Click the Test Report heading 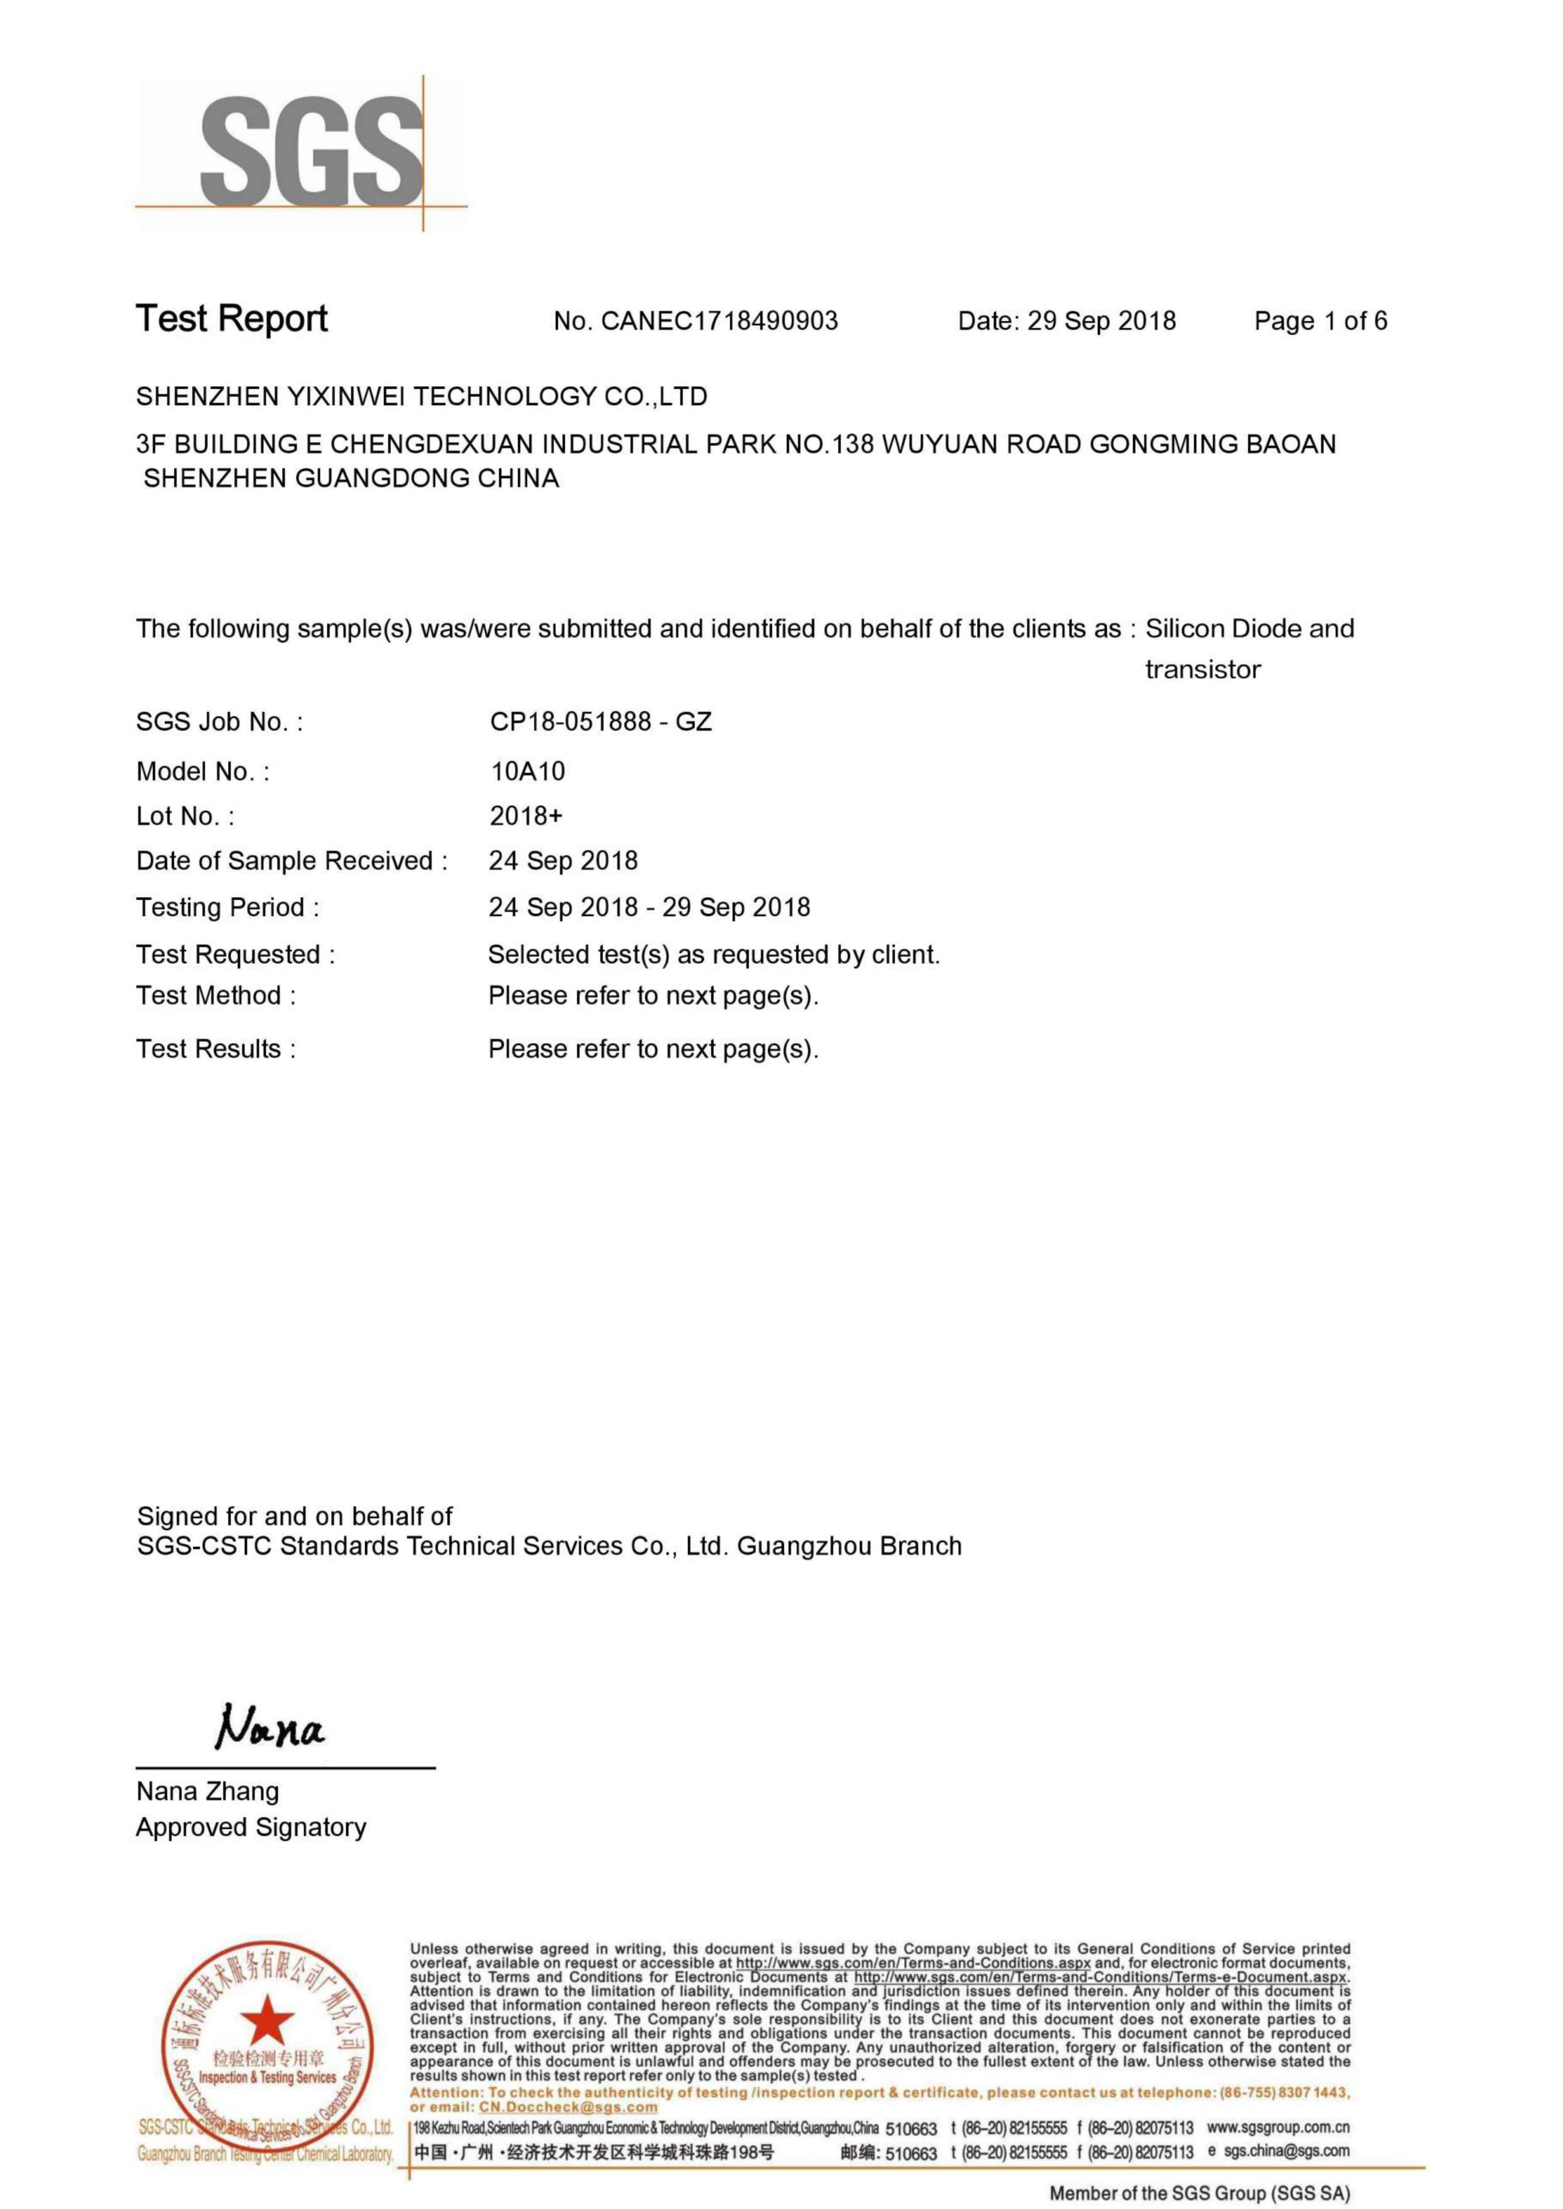232,319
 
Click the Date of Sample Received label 292,861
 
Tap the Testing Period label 227,907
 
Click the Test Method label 216,996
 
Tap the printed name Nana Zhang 208,1791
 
